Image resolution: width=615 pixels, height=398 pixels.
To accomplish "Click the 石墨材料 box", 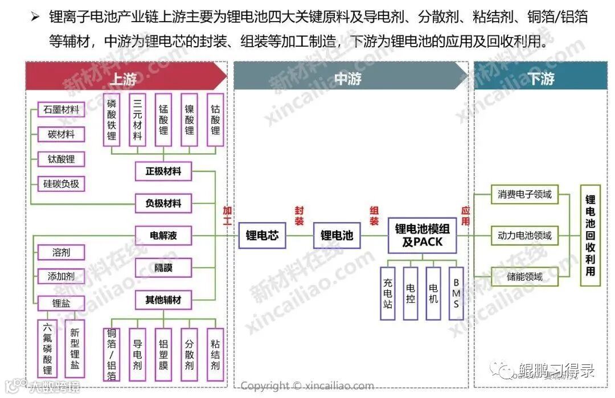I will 61,109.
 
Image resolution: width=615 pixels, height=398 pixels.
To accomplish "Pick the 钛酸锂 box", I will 61,159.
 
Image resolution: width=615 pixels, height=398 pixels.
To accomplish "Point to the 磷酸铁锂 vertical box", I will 112,120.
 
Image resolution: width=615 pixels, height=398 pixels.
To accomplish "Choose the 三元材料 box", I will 138,120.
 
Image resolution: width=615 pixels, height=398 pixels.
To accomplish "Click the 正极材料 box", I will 163,171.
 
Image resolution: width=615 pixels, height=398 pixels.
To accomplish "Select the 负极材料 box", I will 163,203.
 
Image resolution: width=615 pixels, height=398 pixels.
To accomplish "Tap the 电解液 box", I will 163,235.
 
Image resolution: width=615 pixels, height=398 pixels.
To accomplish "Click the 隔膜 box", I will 163,267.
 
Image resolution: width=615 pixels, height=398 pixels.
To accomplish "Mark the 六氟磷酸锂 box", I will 47,348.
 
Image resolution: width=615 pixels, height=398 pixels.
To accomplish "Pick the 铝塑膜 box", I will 163,355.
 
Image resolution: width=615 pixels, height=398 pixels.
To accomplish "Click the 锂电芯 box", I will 262,235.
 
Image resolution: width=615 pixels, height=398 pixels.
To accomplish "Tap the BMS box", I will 456,293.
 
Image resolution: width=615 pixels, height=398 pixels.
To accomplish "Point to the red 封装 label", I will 299,216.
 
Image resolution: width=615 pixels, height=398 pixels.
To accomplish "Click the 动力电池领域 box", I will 524,235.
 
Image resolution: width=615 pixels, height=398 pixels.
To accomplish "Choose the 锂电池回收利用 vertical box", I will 590,235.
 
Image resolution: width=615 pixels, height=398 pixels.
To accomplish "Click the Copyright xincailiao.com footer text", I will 307,386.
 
